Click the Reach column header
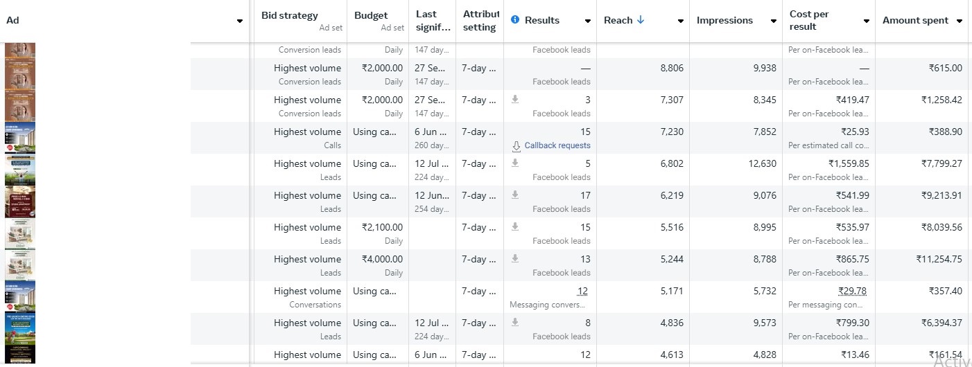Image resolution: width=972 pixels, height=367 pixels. [x=618, y=20]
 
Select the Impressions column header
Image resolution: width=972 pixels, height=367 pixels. [x=724, y=20]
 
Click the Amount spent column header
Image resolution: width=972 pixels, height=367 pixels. [x=915, y=20]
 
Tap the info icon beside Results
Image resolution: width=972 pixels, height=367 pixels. [x=515, y=20]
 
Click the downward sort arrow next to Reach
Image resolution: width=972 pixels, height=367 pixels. [x=641, y=20]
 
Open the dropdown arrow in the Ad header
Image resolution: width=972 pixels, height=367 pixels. [x=240, y=21]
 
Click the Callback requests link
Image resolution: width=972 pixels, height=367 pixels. [x=557, y=145]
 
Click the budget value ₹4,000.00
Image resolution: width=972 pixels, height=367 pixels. [x=382, y=259]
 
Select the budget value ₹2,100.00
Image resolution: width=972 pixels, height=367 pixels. [x=382, y=227]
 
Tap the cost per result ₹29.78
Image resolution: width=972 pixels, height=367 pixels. [x=851, y=291]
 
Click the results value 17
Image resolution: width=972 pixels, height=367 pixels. [x=585, y=195]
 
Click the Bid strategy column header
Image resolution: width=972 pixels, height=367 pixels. [x=290, y=15]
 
